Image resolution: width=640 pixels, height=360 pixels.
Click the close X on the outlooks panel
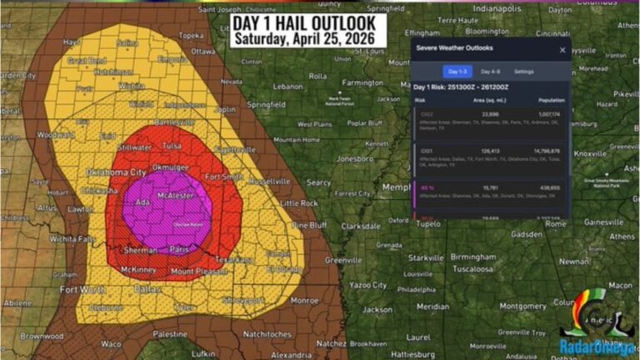tap(562, 50)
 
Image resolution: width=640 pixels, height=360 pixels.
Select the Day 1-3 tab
tap(457, 72)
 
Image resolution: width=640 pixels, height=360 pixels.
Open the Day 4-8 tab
tap(490, 72)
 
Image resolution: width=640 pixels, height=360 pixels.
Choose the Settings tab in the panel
tap(523, 72)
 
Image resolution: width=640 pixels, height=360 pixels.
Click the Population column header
tap(552, 99)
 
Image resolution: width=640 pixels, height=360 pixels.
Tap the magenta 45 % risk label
tap(427, 188)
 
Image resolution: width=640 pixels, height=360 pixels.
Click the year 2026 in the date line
tap(359, 38)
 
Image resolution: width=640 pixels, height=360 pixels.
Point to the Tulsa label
tap(172, 144)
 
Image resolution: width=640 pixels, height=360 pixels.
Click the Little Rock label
tap(299, 202)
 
